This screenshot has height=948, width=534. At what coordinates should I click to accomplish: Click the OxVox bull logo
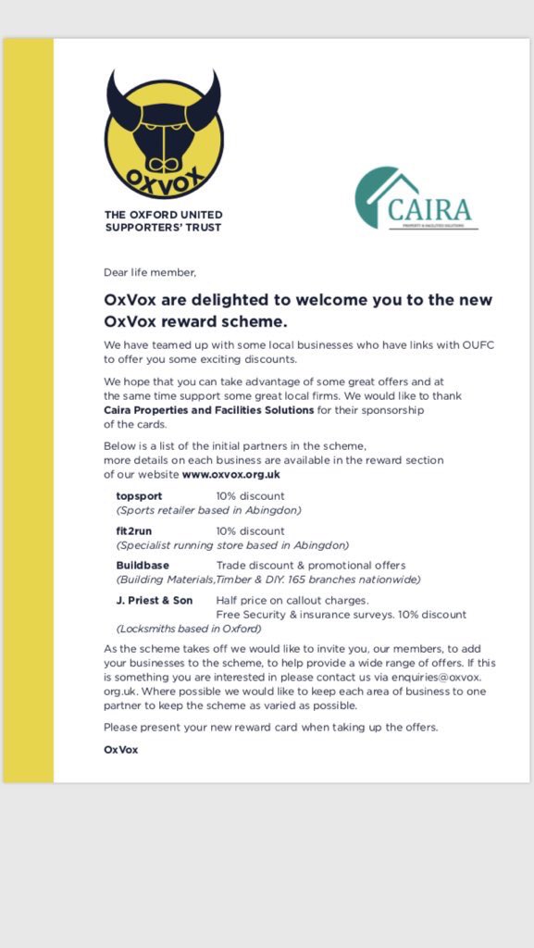164,134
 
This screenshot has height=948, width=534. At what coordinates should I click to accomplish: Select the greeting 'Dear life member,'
150,272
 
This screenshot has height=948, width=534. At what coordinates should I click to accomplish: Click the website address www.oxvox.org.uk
230,474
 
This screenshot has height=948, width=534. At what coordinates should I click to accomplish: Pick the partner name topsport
139,496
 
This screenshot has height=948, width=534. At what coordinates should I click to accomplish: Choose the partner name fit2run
136,531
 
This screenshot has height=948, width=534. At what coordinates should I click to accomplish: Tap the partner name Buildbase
143,566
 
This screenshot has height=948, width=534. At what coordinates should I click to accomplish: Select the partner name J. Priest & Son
155,601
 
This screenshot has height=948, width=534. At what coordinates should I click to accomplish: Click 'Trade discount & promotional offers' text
311,566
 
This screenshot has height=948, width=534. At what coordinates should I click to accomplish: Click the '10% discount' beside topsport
250,496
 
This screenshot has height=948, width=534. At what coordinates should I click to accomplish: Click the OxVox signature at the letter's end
120,749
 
